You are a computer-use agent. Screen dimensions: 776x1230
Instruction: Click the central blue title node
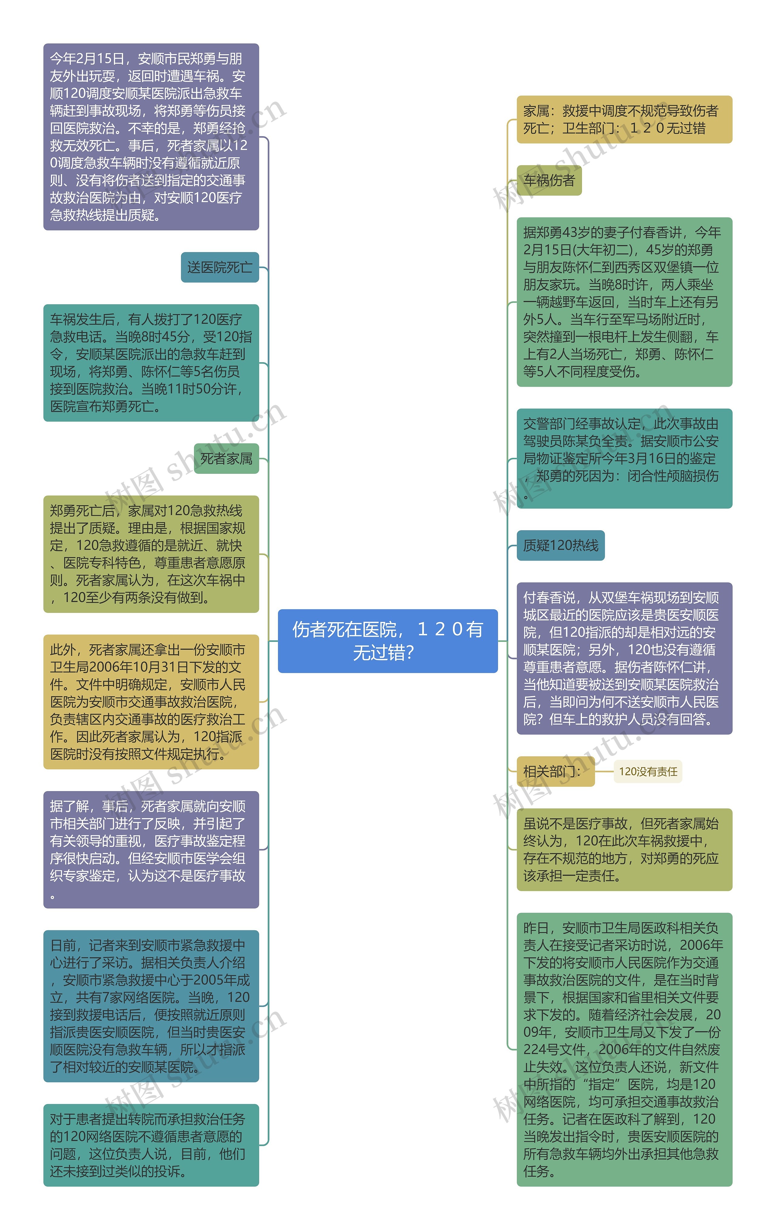387,641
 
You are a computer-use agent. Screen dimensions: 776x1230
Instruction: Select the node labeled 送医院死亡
219,267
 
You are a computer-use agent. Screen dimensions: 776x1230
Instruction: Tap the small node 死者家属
226,459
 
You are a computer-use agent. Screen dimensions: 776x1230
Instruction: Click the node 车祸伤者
549,180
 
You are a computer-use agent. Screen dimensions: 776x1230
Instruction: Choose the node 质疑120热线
560,545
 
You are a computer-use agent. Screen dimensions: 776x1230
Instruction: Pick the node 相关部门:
555,771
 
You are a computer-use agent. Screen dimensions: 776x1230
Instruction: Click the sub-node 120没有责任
648,771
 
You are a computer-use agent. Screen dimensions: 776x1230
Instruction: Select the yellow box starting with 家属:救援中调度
624,120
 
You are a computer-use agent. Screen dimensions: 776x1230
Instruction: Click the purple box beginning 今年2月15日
151,137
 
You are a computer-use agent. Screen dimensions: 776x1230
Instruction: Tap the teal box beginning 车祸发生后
151,363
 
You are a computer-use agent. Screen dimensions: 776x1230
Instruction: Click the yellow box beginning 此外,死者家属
151,701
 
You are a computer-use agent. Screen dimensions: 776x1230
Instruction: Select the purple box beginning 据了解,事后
151,849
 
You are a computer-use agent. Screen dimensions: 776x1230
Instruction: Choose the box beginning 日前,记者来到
151,1006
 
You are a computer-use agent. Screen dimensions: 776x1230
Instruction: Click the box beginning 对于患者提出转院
151,1145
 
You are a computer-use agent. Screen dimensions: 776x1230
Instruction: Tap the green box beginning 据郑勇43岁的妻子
624,302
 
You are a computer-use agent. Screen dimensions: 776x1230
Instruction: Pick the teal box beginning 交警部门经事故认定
624,458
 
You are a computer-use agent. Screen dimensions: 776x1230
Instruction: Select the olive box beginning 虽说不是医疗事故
624,849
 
